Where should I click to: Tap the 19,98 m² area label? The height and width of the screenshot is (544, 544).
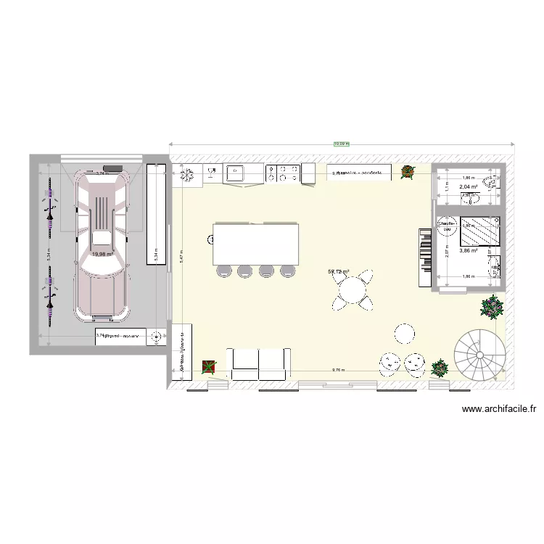(x=102, y=255)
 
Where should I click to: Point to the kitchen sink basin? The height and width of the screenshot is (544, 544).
(x=236, y=173)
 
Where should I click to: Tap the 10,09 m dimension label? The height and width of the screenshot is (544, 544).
(x=341, y=144)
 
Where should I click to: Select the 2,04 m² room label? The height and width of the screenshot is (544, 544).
(x=468, y=187)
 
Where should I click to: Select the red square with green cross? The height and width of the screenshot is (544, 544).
(x=209, y=367)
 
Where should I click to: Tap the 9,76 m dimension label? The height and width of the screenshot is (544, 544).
(x=338, y=370)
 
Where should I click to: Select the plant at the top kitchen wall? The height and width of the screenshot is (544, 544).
(x=407, y=172)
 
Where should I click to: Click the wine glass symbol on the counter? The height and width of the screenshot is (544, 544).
(x=213, y=173)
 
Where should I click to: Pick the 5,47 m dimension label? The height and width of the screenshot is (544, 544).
(x=183, y=255)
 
